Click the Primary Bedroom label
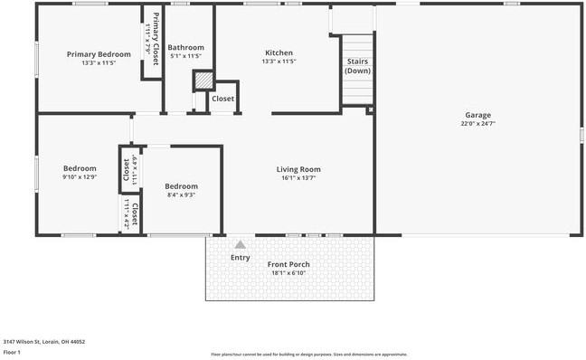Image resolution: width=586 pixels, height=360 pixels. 99,54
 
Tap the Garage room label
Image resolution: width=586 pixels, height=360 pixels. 477,115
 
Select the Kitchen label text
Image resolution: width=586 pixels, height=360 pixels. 279,52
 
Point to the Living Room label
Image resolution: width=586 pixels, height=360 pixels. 298,169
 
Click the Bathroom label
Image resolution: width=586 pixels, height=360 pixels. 185,48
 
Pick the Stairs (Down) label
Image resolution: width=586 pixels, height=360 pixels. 358,66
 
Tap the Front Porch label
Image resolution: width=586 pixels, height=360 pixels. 289,264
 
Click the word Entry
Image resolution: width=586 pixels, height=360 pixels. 240,258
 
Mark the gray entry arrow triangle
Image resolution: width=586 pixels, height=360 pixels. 240,244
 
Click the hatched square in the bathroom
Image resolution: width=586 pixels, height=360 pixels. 203,81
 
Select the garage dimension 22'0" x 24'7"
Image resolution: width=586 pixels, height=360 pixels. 477,123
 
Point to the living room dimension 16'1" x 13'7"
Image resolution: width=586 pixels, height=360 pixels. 298,178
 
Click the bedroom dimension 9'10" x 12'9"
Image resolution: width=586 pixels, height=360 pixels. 80,177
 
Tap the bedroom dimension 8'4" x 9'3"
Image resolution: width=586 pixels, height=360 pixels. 181,194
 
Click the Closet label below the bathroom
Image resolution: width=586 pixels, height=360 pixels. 222,99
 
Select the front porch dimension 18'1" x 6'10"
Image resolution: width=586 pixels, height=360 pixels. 289,273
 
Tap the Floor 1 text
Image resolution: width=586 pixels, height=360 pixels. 13,352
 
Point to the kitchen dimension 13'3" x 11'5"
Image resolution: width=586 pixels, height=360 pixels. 279,62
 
